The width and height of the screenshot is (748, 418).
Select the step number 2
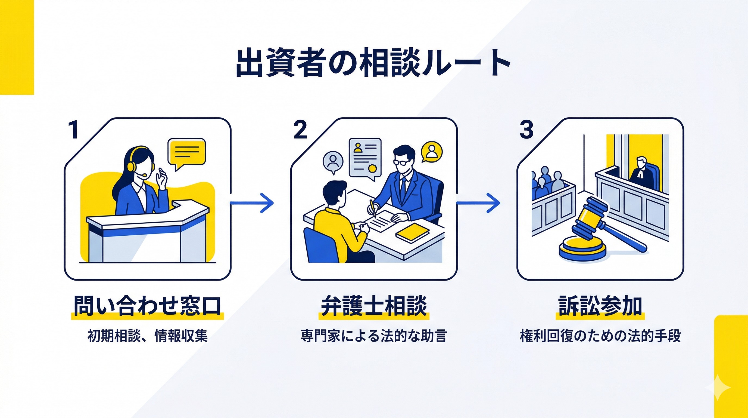click(x=300, y=130)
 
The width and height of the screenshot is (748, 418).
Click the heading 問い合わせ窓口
click(x=147, y=306)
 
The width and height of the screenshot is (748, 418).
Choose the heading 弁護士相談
click(x=374, y=306)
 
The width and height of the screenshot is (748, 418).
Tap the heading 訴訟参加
click(x=600, y=306)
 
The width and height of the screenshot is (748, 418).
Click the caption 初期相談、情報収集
click(x=147, y=336)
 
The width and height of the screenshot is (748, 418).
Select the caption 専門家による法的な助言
click(x=373, y=336)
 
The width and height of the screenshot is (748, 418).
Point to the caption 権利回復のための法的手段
click(x=600, y=336)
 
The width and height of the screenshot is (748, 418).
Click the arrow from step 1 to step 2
click(x=252, y=203)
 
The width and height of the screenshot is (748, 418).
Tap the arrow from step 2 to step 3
click(x=478, y=203)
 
